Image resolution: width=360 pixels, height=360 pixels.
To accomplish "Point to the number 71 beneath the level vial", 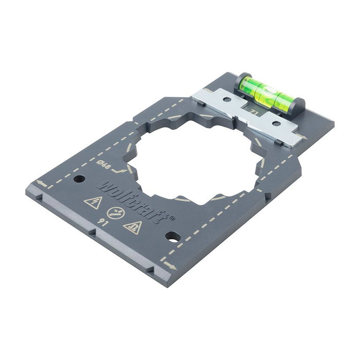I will click(252, 112).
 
